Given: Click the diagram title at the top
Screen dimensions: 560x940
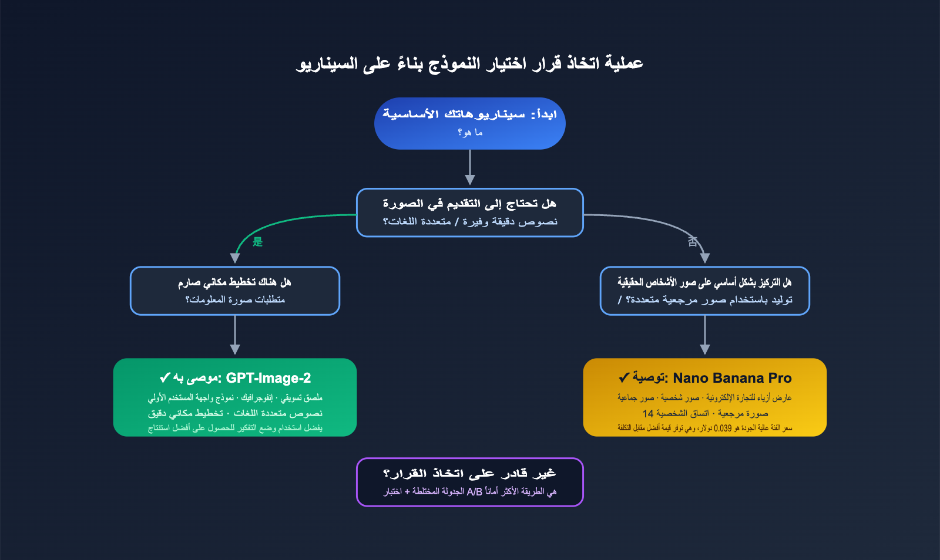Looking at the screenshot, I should click(470, 63).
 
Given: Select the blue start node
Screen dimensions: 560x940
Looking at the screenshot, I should click(470, 123).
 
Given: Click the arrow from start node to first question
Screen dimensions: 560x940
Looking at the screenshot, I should click(470, 168).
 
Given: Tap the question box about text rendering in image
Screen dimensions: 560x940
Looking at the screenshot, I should click(470, 212).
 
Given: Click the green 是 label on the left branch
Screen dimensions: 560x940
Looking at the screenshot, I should click(257, 242).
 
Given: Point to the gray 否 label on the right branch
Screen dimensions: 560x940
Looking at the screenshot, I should click(693, 241).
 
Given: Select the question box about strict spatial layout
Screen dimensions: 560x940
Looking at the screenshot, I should click(235, 291).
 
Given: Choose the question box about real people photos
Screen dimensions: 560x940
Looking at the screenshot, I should click(705, 291).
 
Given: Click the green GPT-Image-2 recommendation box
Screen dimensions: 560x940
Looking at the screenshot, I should click(235, 397).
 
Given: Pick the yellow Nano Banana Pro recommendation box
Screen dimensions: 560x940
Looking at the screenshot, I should click(705, 397).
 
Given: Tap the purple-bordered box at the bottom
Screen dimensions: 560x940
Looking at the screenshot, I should click(470, 482).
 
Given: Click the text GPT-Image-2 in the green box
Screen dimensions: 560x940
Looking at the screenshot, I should click(268, 378).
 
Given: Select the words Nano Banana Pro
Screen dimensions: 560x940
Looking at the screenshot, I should click(732, 378).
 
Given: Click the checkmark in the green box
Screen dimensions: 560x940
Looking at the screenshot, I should click(165, 377).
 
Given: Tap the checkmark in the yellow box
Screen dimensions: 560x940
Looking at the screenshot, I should click(624, 377).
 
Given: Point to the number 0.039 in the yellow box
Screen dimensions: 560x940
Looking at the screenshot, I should click(723, 429).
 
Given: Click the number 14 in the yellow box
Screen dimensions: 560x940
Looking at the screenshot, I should click(648, 413).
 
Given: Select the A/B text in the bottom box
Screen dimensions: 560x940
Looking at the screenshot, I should click(475, 491).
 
